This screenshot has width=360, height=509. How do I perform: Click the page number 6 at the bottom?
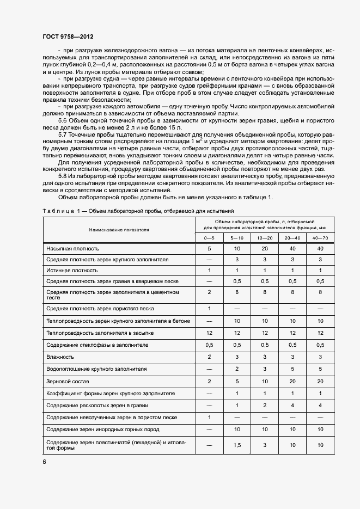pyautogui.click(x=45, y=462)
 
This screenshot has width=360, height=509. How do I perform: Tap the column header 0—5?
pyautogui.click(x=209, y=238)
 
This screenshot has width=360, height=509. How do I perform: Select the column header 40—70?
pyautogui.click(x=320, y=238)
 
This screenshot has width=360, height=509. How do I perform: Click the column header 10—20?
pyautogui.click(x=265, y=238)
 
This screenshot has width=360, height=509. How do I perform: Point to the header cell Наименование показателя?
pyautogui.click(x=119, y=230)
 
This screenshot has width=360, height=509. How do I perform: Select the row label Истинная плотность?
pyautogui.click(x=72, y=270)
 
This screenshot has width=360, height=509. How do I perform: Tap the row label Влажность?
pyautogui.click(x=60, y=357)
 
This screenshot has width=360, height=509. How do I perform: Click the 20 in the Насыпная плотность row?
pyautogui.click(x=265, y=248)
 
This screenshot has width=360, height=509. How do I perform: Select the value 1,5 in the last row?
pyautogui.click(x=237, y=445)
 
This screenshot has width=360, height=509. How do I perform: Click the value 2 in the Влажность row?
pyautogui.click(x=209, y=357)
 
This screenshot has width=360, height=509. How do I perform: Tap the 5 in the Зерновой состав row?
pyautogui.click(x=237, y=381)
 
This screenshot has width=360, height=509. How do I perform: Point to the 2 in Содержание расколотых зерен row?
pyautogui.click(x=265, y=406)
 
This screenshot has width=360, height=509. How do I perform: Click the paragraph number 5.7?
pyautogui.click(x=63, y=133)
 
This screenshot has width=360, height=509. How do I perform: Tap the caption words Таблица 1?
pyautogui.click(x=60, y=211)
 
